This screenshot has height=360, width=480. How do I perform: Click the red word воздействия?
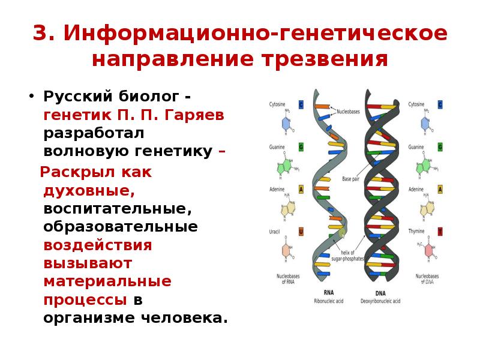point(97,245)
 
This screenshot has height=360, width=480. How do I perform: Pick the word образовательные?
point(120,227)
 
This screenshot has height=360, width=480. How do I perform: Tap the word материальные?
point(107,281)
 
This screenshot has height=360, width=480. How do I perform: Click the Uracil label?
point(275,231)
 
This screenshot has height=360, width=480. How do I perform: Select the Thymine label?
point(416,231)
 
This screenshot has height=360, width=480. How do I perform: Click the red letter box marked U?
point(301,232)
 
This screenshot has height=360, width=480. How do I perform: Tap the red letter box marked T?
point(440,232)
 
